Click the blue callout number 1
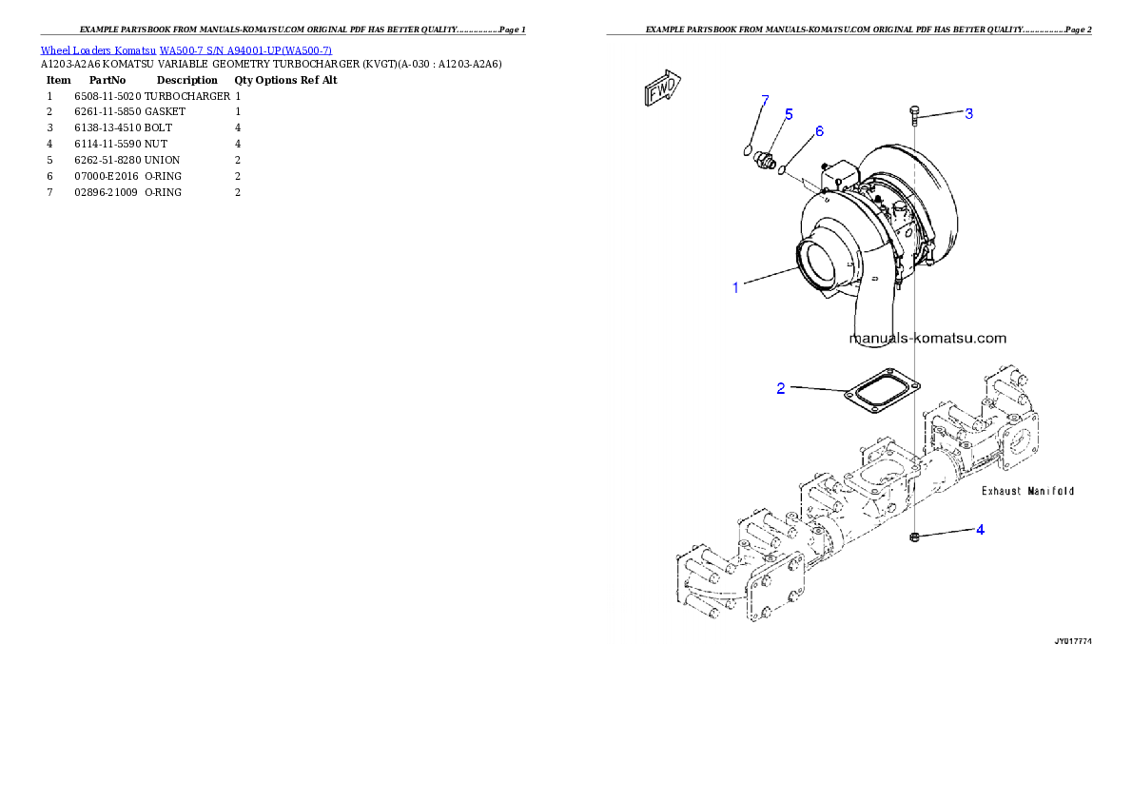tap(735, 287)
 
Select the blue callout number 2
tap(781, 388)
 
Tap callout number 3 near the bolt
tap(968, 114)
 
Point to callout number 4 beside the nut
tap(980, 529)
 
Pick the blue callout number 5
tap(789, 114)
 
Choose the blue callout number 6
tap(819, 130)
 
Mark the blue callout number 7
tap(764, 100)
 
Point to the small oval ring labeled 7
tap(748, 148)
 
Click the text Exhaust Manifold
tap(1027, 491)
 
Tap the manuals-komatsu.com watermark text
tap(927, 338)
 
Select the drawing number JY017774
tap(1072, 642)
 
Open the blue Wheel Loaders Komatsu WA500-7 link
tap(185, 50)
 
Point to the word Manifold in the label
tap(1050, 491)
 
